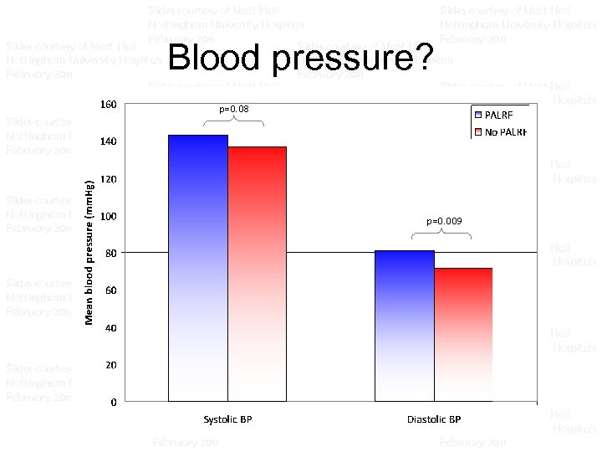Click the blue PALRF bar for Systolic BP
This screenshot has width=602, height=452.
pos(198,268)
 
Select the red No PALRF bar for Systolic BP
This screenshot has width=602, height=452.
pos(258,275)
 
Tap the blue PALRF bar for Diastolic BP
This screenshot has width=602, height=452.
pos(405,326)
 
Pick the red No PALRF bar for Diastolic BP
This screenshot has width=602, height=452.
pos(463,335)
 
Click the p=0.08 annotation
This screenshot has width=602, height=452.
pos(233,110)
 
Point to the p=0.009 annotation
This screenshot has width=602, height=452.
pos(443,222)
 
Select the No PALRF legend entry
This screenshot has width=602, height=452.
pos(501,132)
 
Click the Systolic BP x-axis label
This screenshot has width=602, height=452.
pos(227,419)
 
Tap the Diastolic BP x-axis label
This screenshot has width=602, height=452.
pos(435,419)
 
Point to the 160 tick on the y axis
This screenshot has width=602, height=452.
pos(108,105)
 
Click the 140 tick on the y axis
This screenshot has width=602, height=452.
pos(108,142)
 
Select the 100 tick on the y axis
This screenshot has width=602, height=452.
pos(108,217)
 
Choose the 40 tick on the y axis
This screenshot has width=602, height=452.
pos(110,328)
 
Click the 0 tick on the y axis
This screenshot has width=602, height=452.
pos(113,403)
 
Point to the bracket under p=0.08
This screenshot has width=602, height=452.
pos(233,121)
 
